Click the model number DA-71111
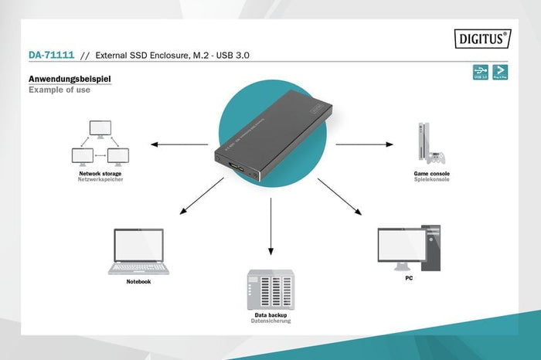(x=51, y=56)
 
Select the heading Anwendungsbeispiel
(x=70, y=79)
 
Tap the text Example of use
(x=60, y=90)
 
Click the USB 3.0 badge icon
(x=480, y=73)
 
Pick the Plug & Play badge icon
(x=501, y=73)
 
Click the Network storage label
(x=100, y=174)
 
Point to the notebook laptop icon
(x=138, y=251)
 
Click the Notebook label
(x=138, y=282)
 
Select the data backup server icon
(x=271, y=289)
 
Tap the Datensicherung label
(x=271, y=321)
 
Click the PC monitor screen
(x=399, y=246)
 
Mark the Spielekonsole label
(x=431, y=181)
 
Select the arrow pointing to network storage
(x=179, y=144)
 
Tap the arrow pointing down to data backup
(x=270, y=227)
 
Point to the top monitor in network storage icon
(x=100, y=129)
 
